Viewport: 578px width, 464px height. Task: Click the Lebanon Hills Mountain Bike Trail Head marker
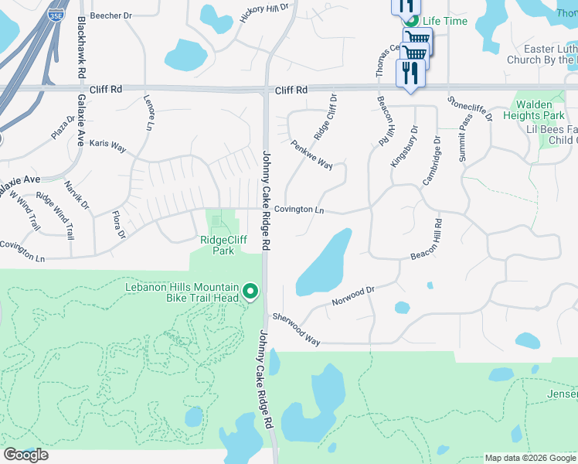(250, 292)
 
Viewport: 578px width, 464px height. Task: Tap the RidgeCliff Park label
(223, 245)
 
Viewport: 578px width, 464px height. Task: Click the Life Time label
(445, 21)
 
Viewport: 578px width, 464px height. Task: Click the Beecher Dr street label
(112, 15)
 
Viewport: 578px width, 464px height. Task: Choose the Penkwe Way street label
(311, 155)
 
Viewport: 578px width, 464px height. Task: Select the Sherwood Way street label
(296, 329)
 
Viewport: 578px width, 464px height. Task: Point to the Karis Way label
(107, 145)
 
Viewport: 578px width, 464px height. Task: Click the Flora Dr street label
(118, 223)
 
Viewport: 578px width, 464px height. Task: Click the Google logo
(25, 455)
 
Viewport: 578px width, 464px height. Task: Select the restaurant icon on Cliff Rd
(410, 73)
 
